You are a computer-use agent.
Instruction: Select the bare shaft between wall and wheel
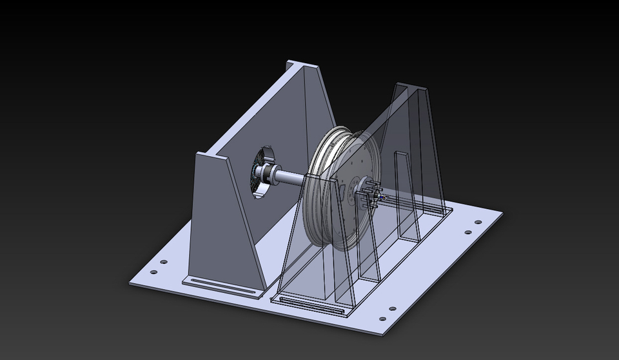pyautogui.click(x=293, y=179)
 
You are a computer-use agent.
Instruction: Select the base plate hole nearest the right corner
pyautogui.click(x=478, y=223)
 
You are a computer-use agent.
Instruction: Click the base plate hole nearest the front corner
pyautogui.click(x=383, y=319)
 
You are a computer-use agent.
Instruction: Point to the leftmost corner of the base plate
pyautogui.click(x=129, y=282)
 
